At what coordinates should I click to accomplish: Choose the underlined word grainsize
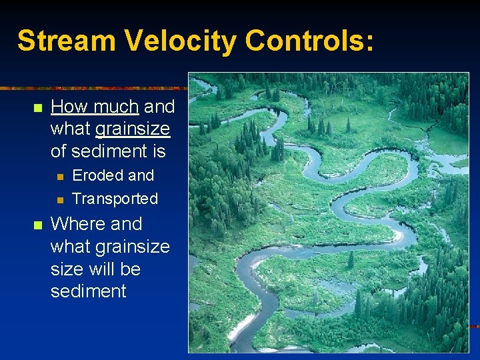(133, 129)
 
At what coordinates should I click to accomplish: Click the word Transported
(115, 199)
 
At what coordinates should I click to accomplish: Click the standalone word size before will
(67, 269)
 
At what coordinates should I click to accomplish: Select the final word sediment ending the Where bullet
(88, 291)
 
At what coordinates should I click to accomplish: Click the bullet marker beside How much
(37, 107)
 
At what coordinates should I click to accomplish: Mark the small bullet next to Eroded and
(59, 176)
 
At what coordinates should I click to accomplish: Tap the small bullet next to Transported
(59, 199)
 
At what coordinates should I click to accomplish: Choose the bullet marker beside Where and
(37, 224)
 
